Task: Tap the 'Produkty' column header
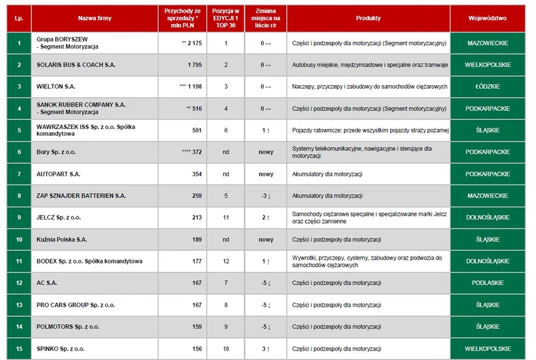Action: pyautogui.click(x=368, y=18)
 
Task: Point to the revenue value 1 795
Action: pyautogui.click(x=192, y=65)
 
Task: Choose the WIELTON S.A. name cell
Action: pyautogui.click(x=55, y=87)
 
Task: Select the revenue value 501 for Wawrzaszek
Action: pyautogui.click(x=196, y=130)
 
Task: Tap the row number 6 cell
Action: pyautogui.click(x=19, y=152)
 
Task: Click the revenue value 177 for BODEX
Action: pyautogui.click(x=196, y=262)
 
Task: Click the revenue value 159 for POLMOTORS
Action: pyautogui.click(x=196, y=327)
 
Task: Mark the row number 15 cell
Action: pyautogui.click(x=19, y=349)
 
